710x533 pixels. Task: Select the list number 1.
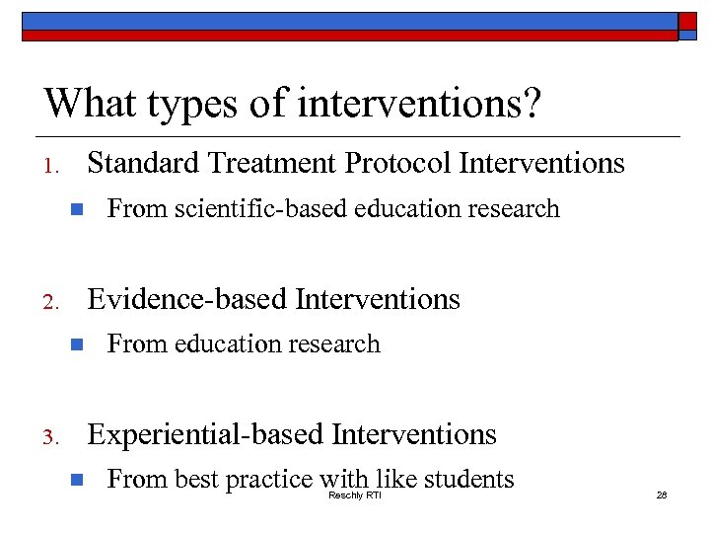(x=53, y=166)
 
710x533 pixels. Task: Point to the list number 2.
(x=54, y=302)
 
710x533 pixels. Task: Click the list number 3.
(x=54, y=437)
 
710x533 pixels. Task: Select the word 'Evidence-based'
(x=188, y=299)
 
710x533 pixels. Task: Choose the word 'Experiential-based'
(x=206, y=434)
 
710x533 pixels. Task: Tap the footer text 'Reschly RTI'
(x=354, y=495)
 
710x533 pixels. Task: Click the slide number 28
(x=662, y=495)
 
